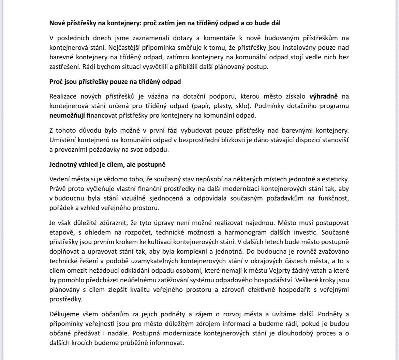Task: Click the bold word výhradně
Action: tap(324, 96)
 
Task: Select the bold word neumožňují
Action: tap(66, 115)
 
